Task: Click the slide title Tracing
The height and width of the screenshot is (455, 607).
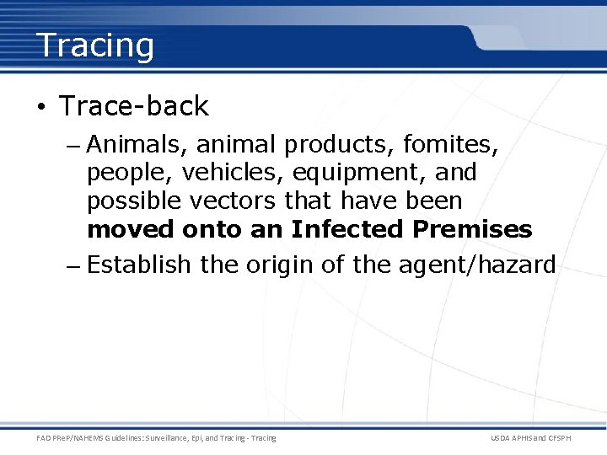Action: pyautogui.click(x=95, y=45)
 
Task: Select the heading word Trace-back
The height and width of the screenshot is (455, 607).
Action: pyautogui.click(x=134, y=106)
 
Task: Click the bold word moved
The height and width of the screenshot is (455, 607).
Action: pyautogui.click(x=131, y=229)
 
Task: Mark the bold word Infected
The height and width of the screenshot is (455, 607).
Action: pyautogui.click(x=349, y=229)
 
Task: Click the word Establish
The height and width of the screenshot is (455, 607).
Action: pyautogui.click(x=139, y=265)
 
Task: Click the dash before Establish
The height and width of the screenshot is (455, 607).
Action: pyautogui.click(x=73, y=266)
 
